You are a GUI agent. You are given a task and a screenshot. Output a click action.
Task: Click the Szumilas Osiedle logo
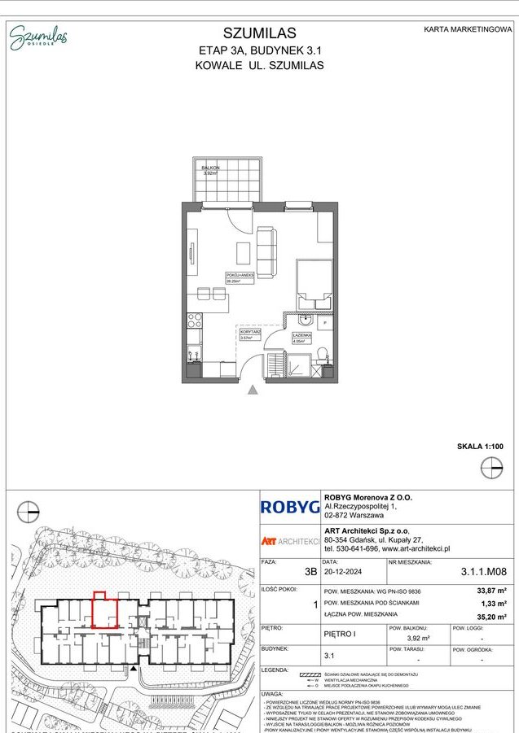pos(38,37)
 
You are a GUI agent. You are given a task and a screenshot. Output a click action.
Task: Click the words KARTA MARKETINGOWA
pos(468,29)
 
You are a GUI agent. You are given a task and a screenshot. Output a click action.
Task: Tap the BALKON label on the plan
pos(211,167)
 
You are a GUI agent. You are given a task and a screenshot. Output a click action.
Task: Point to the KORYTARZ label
pos(249,333)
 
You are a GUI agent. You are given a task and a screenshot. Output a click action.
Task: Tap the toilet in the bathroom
pos(323,354)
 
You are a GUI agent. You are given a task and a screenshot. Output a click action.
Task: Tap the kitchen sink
pos(194,354)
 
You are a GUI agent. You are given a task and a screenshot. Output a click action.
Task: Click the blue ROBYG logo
pos(290,507)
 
